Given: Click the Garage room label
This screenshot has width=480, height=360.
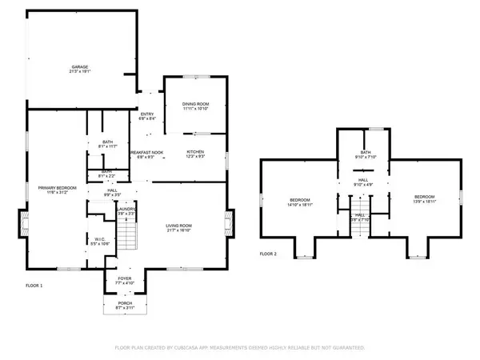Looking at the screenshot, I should coord(79,66).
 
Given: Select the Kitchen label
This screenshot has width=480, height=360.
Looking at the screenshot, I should coord(196,151).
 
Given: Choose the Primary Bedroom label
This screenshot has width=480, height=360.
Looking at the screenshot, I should coord(55,188).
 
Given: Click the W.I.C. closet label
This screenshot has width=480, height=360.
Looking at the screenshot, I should coord(97,238).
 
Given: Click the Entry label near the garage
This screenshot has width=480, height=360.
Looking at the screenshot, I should coord(147,114).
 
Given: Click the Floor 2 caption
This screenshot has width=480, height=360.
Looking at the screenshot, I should coord(268,254).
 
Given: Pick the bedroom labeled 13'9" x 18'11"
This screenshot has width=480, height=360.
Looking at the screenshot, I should coord(424,197).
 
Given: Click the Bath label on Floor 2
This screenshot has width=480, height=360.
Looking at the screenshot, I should coord(366,152).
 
